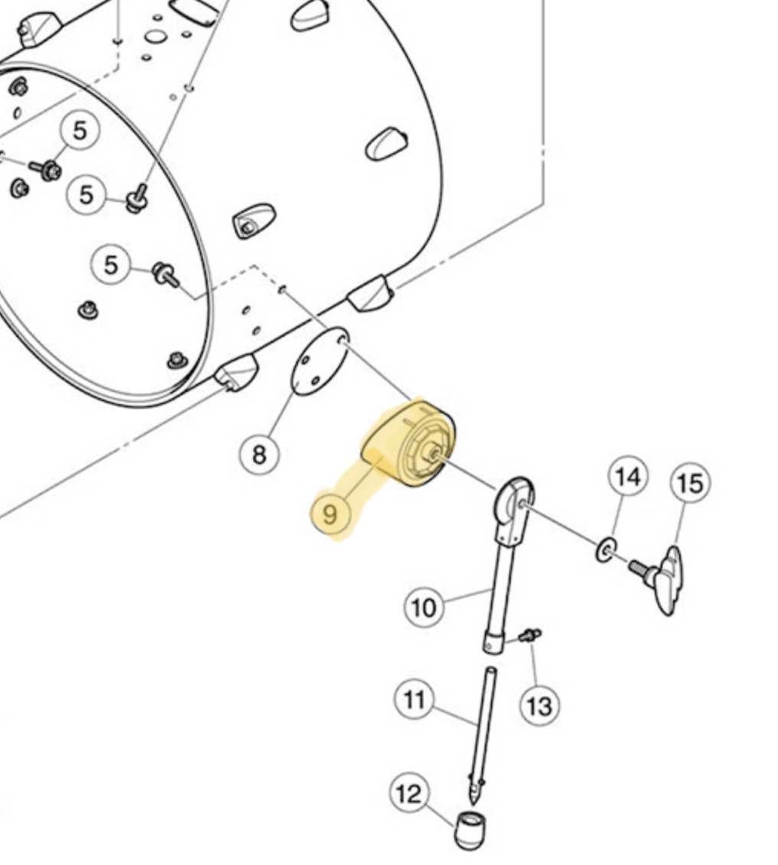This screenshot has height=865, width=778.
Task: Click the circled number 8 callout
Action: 260,455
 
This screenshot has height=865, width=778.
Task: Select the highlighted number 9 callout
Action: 329,514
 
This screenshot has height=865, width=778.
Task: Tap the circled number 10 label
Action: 423,607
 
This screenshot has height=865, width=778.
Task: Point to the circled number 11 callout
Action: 415,700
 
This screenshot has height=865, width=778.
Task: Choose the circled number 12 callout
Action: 409,793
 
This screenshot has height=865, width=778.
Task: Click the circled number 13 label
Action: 540,706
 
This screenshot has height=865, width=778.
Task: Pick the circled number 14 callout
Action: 629,476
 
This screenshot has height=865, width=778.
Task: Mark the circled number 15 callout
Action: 690,483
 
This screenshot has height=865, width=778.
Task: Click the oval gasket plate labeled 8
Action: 320,361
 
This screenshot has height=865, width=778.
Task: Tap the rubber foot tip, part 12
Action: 471,830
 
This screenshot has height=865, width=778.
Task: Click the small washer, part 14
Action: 606,550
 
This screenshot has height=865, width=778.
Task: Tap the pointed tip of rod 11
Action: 473,804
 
